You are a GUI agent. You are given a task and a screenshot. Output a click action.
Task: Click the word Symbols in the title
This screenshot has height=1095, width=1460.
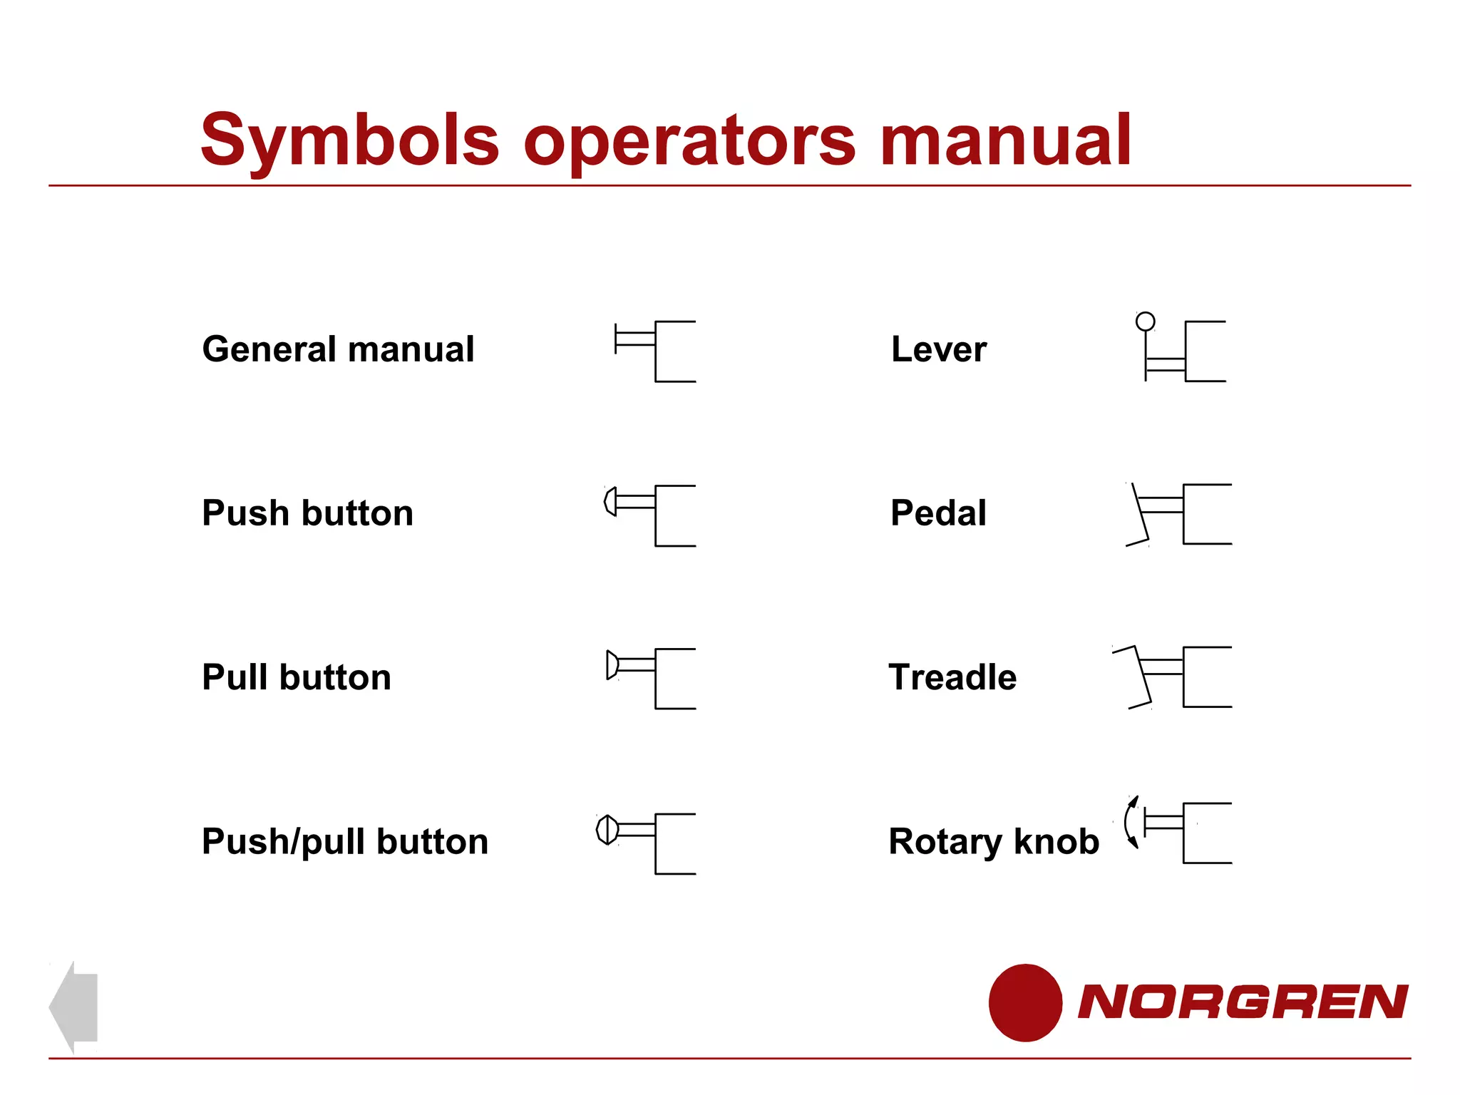point(350,140)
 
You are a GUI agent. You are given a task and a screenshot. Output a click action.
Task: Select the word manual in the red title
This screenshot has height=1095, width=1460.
point(1005,140)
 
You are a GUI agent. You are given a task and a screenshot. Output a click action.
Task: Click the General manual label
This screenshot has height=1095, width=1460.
point(338,349)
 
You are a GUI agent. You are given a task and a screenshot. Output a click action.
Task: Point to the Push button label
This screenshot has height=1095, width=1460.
point(307,513)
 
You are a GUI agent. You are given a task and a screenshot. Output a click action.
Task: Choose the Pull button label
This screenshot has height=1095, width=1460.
point(297,677)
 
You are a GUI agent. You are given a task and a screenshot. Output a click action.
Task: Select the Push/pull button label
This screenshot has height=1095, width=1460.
point(345,841)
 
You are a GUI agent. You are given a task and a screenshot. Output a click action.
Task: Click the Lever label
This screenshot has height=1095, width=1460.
point(939,349)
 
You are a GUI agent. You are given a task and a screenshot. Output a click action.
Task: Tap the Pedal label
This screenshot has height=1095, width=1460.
point(938,513)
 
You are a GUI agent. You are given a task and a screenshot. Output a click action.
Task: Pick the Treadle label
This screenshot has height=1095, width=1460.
point(952,677)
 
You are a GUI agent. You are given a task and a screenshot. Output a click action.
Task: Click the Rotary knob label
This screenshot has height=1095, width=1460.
point(994,841)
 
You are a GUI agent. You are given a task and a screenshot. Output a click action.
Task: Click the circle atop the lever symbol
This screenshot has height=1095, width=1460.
point(1145,322)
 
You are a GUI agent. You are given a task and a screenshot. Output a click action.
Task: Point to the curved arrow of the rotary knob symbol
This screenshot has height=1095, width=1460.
point(1131,822)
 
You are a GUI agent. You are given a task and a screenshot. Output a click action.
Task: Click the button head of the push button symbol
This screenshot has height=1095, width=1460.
point(610,501)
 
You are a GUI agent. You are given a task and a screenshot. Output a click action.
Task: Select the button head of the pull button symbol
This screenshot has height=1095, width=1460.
point(612,664)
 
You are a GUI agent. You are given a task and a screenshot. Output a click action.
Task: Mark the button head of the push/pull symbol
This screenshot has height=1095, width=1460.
point(607,829)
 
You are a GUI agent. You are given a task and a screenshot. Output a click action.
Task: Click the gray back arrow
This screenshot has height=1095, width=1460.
point(74,1007)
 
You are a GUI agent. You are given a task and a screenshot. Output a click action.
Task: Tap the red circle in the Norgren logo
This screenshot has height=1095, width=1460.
point(1025,1002)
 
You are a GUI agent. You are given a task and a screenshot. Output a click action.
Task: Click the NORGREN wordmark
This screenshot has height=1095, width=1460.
point(1243,1002)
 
